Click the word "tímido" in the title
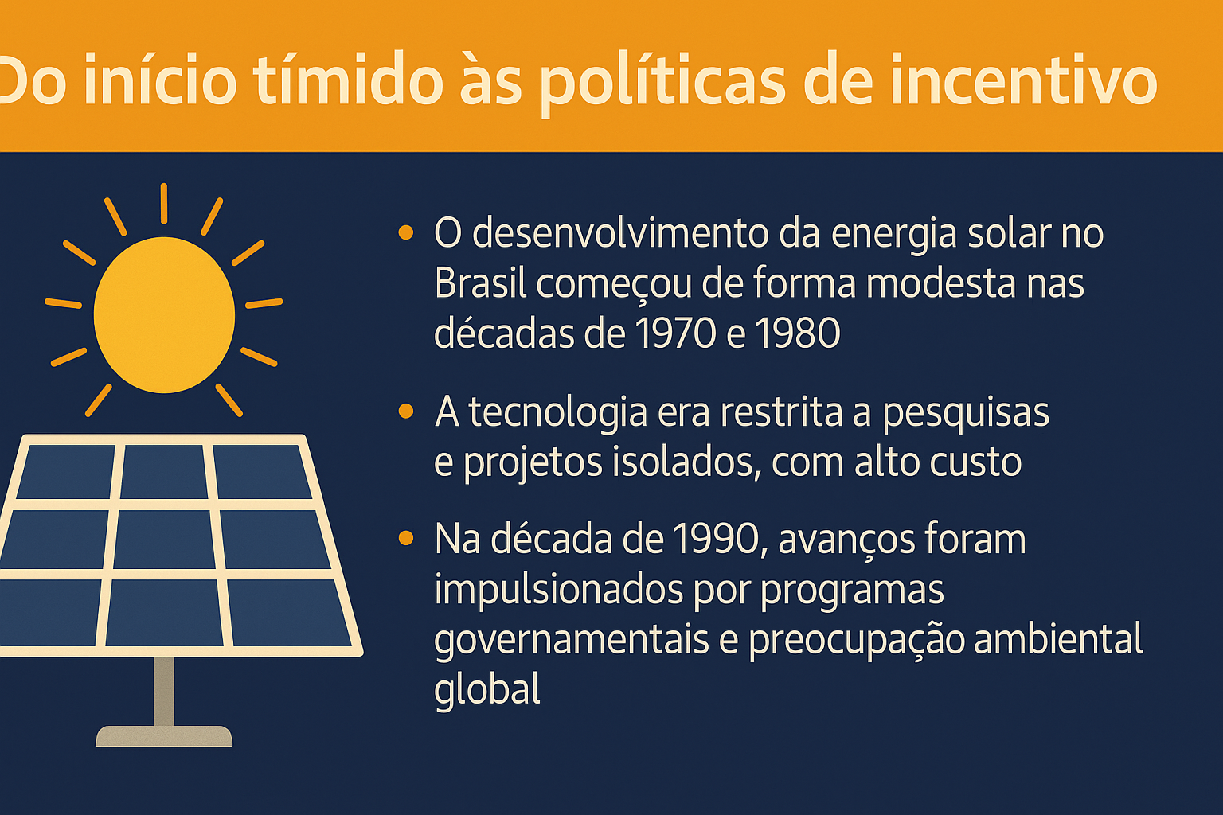350,81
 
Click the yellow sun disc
164,315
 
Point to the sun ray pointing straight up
164,203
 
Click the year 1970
674,333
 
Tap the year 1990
715,540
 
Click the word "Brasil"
480,283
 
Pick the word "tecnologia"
559,412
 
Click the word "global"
487,689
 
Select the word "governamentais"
571,640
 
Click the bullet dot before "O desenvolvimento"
406,233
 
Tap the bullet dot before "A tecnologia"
406,411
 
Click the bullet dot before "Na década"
406,539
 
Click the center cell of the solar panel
165,539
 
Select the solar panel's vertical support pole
164,690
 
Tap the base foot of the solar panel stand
164,736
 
